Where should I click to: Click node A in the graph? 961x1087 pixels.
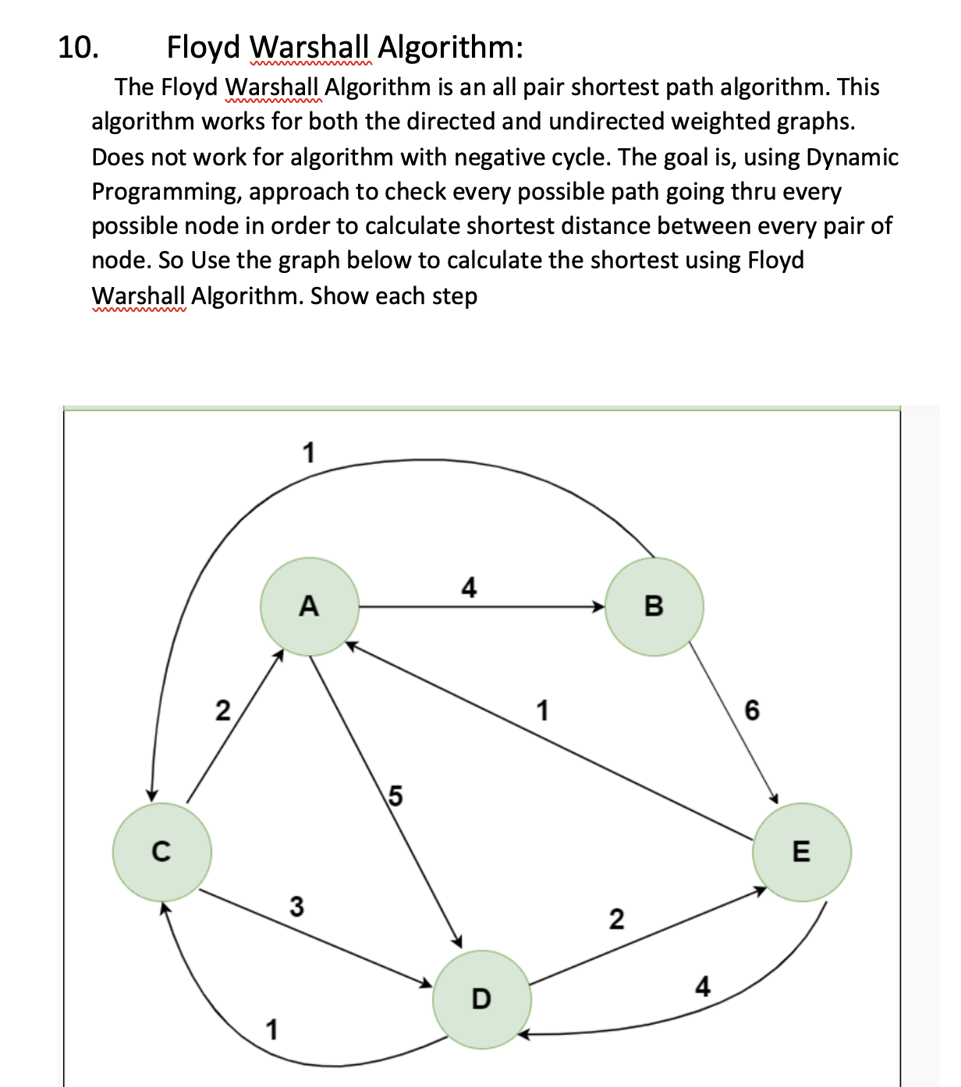click(310, 606)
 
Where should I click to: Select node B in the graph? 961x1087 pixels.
click(654, 606)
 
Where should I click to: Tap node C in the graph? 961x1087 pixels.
click(161, 852)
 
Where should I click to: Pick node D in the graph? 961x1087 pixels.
click(482, 999)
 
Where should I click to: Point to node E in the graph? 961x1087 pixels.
click(801, 852)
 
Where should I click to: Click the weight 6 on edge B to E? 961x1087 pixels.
click(752, 710)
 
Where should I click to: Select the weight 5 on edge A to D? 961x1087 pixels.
click(395, 796)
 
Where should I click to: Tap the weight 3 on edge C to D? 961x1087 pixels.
click(296, 906)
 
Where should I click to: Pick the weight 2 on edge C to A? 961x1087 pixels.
click(223, 711)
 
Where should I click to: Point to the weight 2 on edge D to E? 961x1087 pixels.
click(616, 919)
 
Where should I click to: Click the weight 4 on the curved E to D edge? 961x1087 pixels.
click(703, 987)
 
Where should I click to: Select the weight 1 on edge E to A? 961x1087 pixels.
click(542, 711)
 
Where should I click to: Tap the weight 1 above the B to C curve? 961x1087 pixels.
click(309, 452)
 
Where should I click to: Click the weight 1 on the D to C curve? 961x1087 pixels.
click(271, 1030)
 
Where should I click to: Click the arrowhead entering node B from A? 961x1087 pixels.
click(599, 607)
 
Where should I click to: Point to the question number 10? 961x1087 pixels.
click(78, 48)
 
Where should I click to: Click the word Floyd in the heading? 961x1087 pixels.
click(204, 48)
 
